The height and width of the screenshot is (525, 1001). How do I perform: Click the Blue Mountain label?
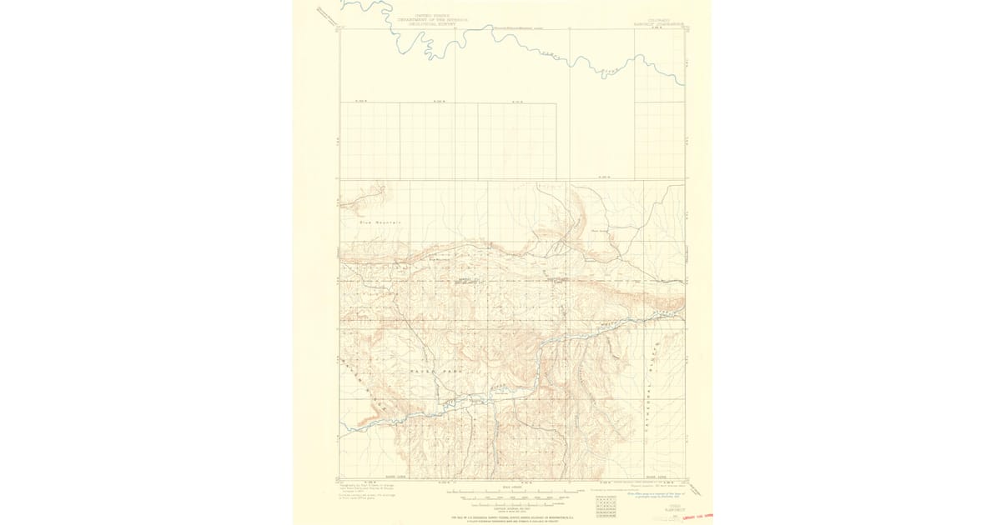click(x=380, y=222)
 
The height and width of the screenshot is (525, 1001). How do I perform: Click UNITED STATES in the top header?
click(x=415, y=15)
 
